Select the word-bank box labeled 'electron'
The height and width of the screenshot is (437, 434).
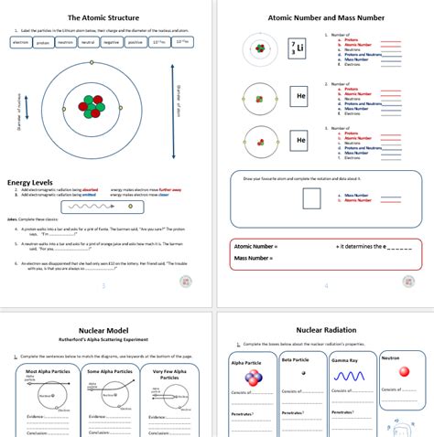pos(21,42)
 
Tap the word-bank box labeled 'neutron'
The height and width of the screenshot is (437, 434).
pos(65,42)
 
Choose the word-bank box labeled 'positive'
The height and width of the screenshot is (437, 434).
pos(135,42)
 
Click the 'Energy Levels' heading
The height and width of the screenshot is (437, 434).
pos(34,182)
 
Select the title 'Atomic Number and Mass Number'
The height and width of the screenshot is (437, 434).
pos(326,17)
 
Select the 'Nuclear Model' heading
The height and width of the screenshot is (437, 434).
pos(109,330)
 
